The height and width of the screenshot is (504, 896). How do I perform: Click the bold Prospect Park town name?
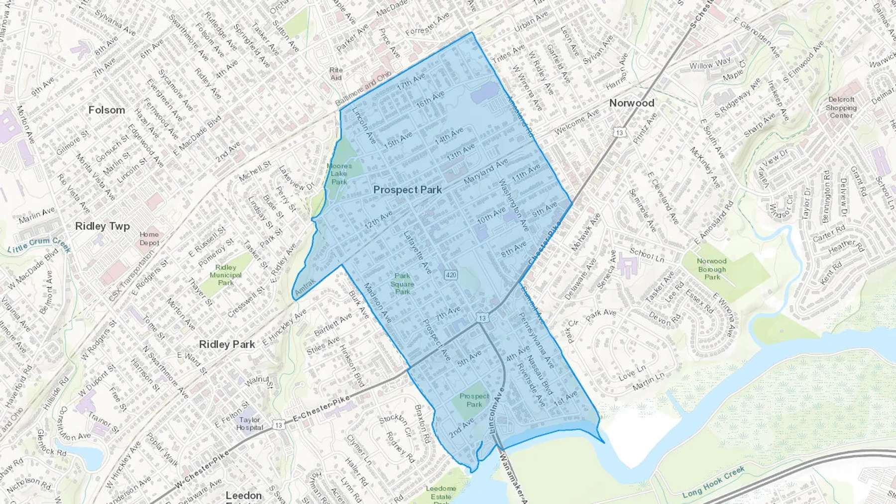pyautogui.click(x=407, y=190)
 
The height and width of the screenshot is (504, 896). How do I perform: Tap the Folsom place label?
pyautogui.click(x=107, y=110)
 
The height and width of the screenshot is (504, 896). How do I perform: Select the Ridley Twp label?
pyautogui.click(x=102, y=226)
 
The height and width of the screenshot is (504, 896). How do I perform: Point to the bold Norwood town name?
pyautogui.click(x=631, y=103)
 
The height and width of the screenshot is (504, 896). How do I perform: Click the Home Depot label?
pyautogui.click(x=149, y=238)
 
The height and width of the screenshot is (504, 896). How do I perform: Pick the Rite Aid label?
pyautogui.click(x=336, y=74)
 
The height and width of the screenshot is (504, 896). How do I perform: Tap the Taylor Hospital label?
pyautogui.click(x=249, y=423)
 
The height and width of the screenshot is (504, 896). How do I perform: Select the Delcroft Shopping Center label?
pyautogui.click(x=841, y=107)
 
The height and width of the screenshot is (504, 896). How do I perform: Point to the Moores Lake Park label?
pyautogui.click(x=339, y=174)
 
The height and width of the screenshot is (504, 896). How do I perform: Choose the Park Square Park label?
pyautogui.click(x=402, y=284)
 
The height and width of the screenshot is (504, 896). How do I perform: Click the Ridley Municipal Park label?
pyautogui.click(x=225, y=275)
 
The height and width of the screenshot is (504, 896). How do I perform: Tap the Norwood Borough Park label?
pyautogui.click(x=711, y=269)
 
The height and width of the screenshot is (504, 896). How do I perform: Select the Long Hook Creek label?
pyautogui.click(x=713, y=482)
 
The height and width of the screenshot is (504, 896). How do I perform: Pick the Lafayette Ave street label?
pyautogui.click(x=417, y=252)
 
